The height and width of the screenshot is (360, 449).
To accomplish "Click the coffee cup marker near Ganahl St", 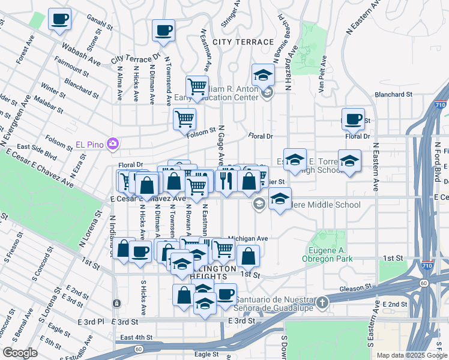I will tap(59, 19).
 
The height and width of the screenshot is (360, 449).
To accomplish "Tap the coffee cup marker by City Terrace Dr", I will tap(163, 31).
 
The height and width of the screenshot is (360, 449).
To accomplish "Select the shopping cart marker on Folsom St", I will tap(184, 118).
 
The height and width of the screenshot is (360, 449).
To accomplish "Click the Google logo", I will tap(20, 353).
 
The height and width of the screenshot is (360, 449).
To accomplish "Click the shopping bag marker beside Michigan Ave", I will tap(248, 256).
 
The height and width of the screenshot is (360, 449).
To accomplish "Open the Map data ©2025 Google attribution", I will tap(412, 355).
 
